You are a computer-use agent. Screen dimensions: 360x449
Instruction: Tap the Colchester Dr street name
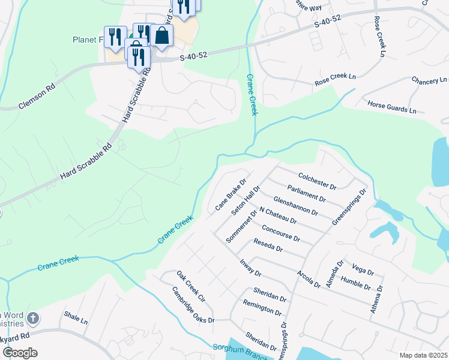click(317, 179)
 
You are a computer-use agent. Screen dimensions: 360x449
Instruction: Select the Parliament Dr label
click(306, 193)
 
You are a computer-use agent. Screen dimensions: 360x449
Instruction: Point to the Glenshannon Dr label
click(295, 205)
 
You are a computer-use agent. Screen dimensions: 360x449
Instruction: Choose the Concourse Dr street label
click(280, 233)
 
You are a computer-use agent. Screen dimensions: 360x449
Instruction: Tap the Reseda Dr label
click(268, 245)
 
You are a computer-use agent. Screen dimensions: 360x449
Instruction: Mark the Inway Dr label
click(250, 268)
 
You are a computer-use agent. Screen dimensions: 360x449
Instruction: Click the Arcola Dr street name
click(308, 278)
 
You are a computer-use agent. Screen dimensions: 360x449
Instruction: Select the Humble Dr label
click(356, 283)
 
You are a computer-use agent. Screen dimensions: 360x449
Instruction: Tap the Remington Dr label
click(262, 308)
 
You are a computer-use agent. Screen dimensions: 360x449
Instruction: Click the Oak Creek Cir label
click(191, 286)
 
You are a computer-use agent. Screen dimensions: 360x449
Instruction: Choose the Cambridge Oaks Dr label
click(193, 305)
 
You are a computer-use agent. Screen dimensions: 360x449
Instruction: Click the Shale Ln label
click(76, 317)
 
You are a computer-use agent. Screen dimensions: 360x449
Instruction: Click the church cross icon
click(33, 318)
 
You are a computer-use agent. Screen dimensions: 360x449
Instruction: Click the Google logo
click(20, 352)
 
